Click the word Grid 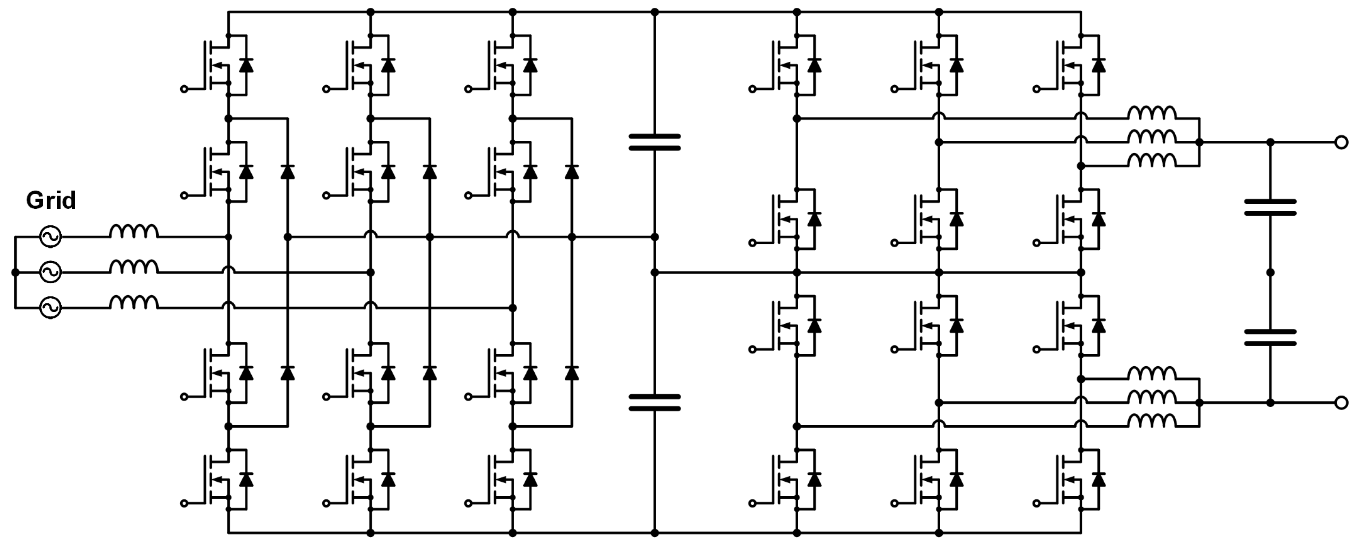(51, 201)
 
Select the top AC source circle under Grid (51, 237)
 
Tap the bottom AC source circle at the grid (51, 307)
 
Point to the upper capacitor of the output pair (1270, 208)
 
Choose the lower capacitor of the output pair (1270, 337)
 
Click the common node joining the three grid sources (15, 272)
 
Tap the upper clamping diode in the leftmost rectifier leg (287, 171)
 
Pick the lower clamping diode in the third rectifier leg (572, 373)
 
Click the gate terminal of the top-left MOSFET (184, 89)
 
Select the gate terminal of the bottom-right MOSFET (1036, 503)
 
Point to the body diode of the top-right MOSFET (1099, 65)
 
